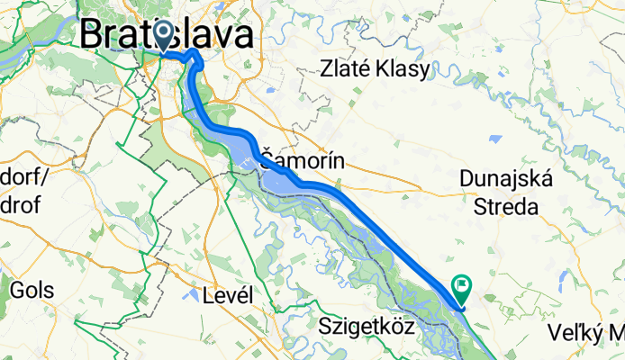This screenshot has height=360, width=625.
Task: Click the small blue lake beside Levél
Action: (x=191, y=293)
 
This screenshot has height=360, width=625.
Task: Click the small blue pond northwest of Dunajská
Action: (x=494, y=139)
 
